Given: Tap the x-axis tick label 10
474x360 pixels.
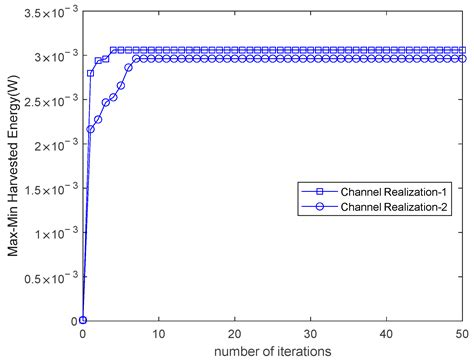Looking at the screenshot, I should (x=158, y=333).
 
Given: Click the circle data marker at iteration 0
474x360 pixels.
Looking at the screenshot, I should (x=82, y=320).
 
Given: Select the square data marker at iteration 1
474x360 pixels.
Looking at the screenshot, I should (x=90, y=73).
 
